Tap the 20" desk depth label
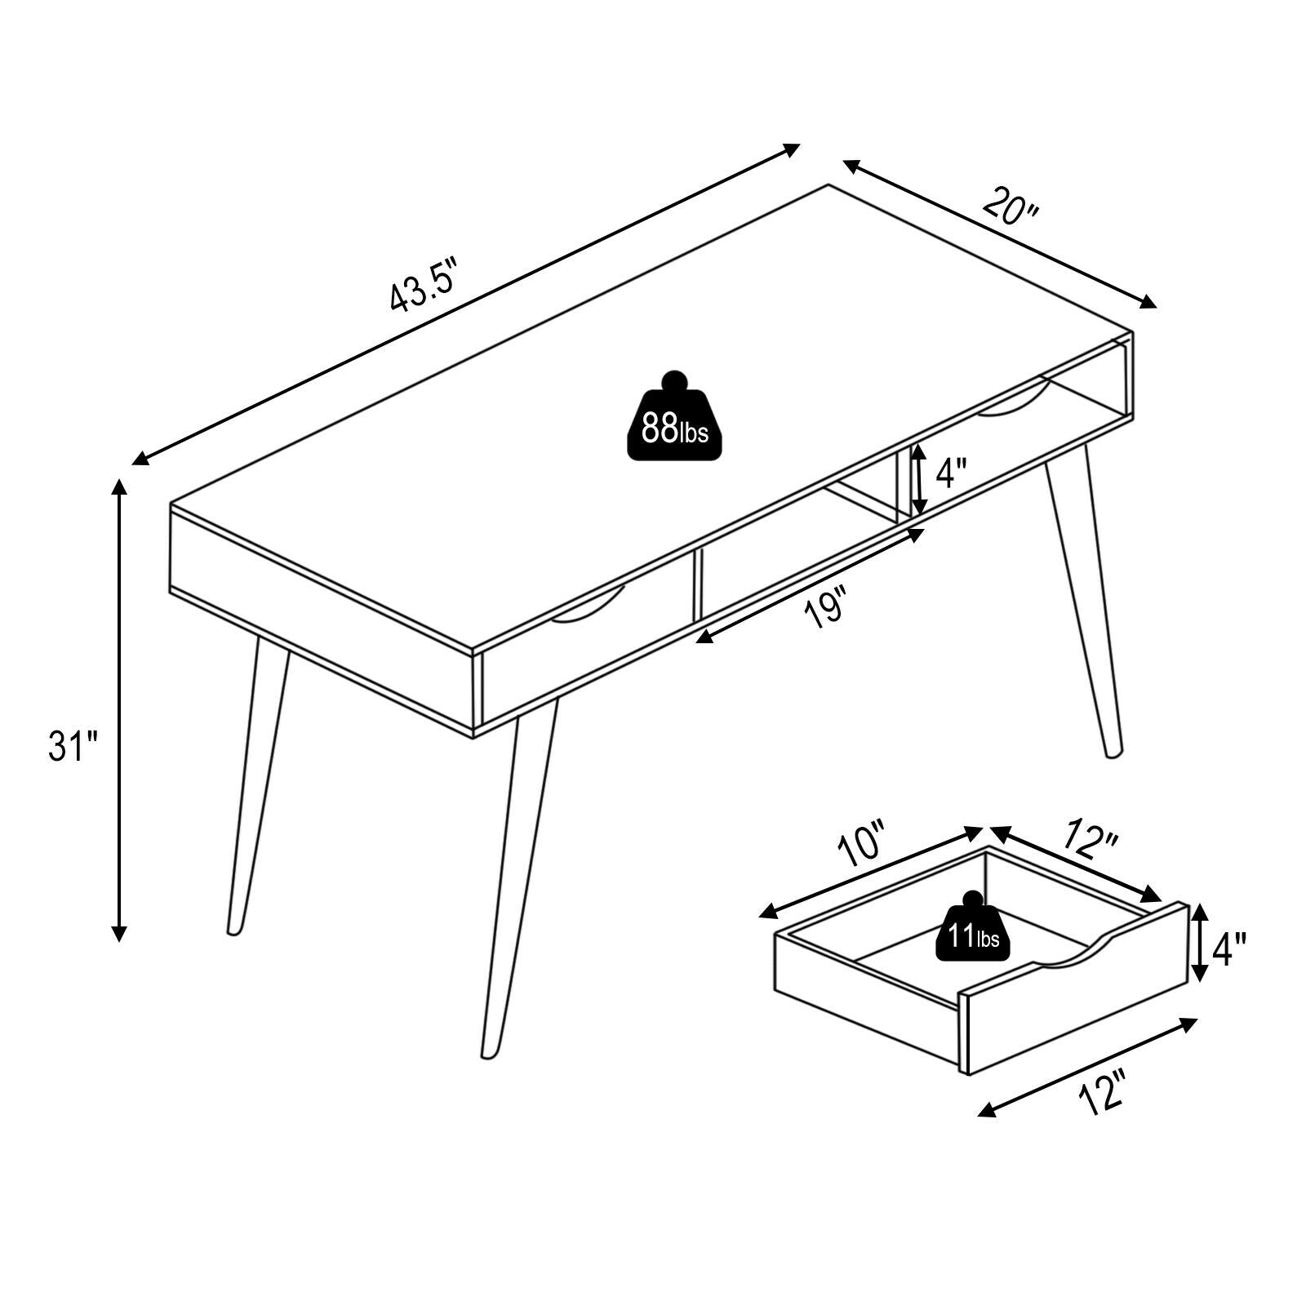click(1010, 207)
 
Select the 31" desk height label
click(73, 746)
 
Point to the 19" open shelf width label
click(825, 610)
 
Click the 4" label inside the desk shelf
click(951, 473)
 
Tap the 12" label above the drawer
click(1090, 840)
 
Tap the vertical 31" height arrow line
click(120, 710)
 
